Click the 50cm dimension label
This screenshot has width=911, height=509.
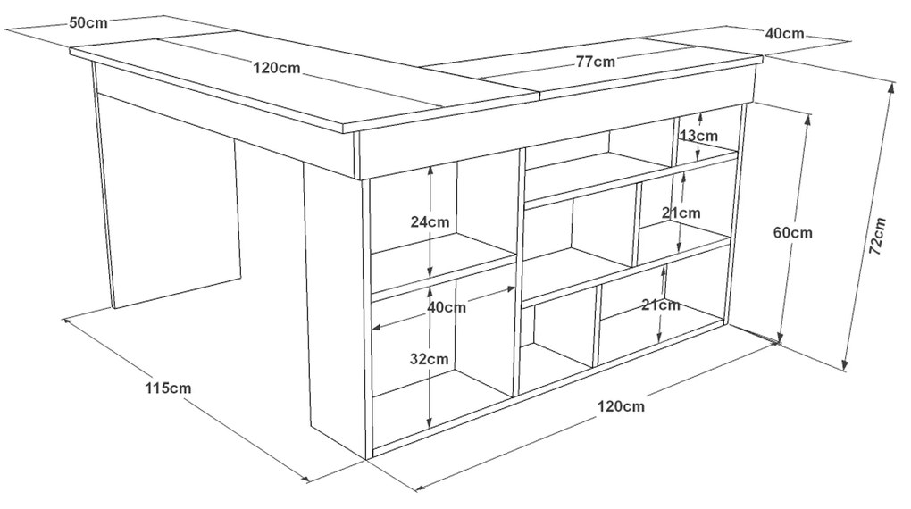point(88,22)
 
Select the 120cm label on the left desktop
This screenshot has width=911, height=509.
point(277,68)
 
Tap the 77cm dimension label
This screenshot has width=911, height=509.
point(596,61)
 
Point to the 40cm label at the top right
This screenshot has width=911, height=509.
point(784,34)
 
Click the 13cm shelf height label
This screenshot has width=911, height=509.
point(698,136)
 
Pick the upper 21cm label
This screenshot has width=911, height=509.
point(681,213)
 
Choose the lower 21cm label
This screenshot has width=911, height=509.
point(661,305)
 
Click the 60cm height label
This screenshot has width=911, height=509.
point(793,232)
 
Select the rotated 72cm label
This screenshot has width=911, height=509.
point(877,237)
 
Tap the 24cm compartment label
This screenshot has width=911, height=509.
point(430,221)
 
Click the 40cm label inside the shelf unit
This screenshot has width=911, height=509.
point(447,307)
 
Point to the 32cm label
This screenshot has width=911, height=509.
point(429,359)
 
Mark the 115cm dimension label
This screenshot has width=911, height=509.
point(168,388)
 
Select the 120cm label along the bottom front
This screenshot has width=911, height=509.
point(621,406)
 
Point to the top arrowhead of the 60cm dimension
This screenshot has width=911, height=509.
point(807,119)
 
